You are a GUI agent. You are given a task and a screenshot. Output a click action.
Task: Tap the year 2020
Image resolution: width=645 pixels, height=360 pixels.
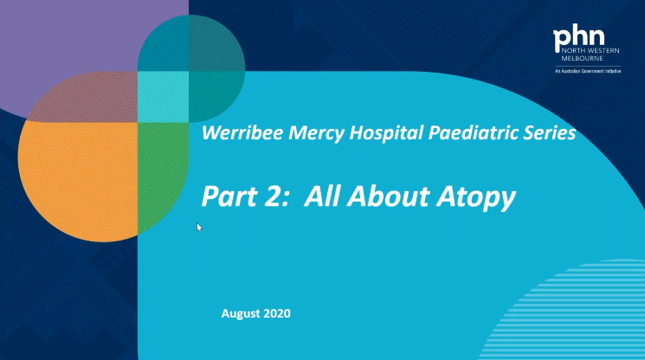(277, 313)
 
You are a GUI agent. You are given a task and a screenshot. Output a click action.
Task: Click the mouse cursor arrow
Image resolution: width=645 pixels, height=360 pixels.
(199, 228)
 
